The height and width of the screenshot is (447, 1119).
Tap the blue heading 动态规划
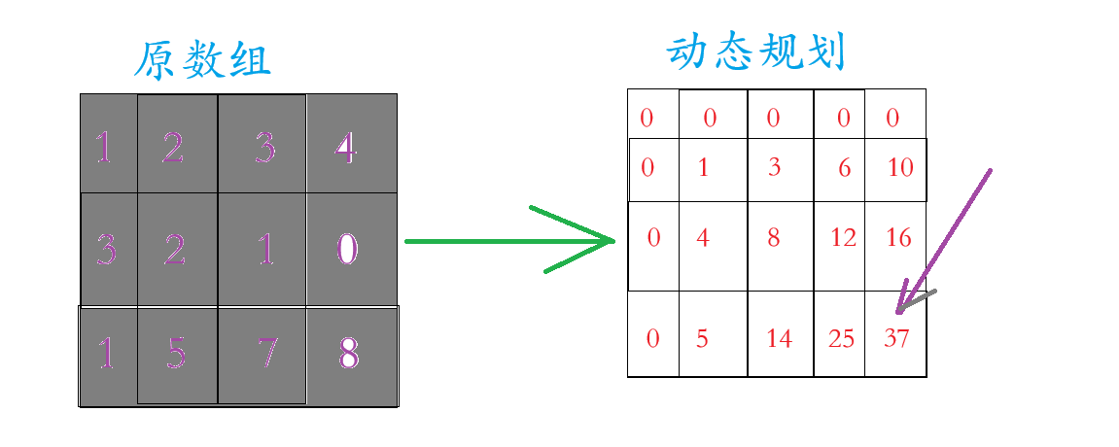pos(757,52)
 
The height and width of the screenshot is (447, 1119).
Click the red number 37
pos(897,339)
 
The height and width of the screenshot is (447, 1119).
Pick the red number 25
pos(842,339)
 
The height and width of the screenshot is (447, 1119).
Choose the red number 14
pos(780,339)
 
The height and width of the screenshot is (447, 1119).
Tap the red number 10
pos(901,168)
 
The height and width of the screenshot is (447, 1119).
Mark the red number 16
pos(899,237)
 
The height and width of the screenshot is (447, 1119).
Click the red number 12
pos(844,237)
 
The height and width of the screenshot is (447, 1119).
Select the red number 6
pos(845,168)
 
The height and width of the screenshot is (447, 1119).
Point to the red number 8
pos(774,237)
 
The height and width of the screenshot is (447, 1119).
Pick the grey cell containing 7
pos(262,356)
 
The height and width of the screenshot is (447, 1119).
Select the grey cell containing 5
pos(177,356)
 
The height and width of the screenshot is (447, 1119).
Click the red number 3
pos(774,168)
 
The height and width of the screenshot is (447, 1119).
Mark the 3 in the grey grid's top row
pos(264,149)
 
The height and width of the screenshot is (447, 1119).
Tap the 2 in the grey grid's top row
pos(173,149)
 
